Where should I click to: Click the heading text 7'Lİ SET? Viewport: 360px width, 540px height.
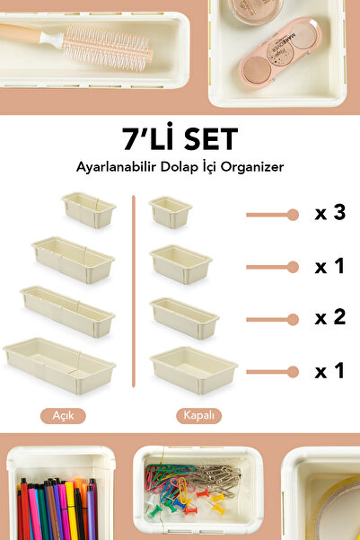tap(180, 139)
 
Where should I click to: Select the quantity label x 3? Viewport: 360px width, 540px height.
tap(329, 214)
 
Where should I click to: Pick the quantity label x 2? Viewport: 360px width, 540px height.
tap(329, 317)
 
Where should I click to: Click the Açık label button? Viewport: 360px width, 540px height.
tap(63, 416)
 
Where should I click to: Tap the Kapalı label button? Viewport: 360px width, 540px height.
tap(198, 416)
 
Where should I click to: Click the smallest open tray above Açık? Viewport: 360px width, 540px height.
tap(89, 210)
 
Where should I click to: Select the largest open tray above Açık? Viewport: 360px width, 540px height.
tap(59, 365)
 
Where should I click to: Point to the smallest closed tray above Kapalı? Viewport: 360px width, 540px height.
tap(171, 212)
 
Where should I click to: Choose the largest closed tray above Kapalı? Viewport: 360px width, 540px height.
tap(194, 367)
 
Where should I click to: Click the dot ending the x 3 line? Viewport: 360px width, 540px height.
tap(292, 215)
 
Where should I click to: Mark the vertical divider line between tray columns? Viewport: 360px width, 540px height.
tap(133, 297)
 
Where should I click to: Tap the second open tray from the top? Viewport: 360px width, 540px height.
tap(73, 260)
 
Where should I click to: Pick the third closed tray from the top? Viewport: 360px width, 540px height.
tap(184, 317)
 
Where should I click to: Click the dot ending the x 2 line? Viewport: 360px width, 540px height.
tap(292, 318)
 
